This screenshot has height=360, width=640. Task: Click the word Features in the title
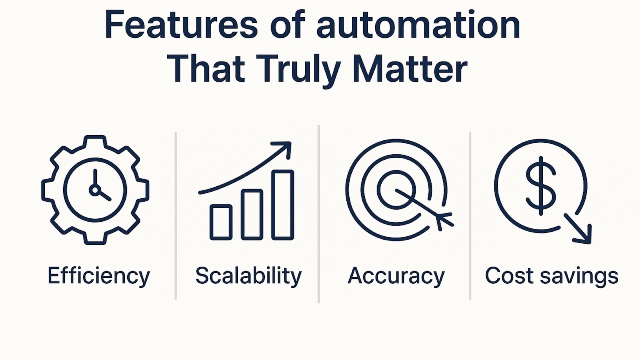coord(181,24)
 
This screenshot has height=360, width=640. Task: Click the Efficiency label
coord(98,276)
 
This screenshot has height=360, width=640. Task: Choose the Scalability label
coord(248,276)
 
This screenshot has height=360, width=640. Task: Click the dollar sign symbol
coord(541,186)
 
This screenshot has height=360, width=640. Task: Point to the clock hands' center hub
coord(95,190)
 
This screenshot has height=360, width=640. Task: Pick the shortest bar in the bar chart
coord(221,222)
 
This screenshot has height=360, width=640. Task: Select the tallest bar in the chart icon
coord(282,205)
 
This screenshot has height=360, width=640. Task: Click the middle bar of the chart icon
coord(252,214)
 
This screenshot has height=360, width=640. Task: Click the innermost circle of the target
coord(396,190)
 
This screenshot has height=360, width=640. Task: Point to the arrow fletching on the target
coord(444,220)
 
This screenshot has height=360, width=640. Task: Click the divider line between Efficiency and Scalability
coord(176,216)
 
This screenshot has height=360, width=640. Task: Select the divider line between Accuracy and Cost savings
coord(470,216)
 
